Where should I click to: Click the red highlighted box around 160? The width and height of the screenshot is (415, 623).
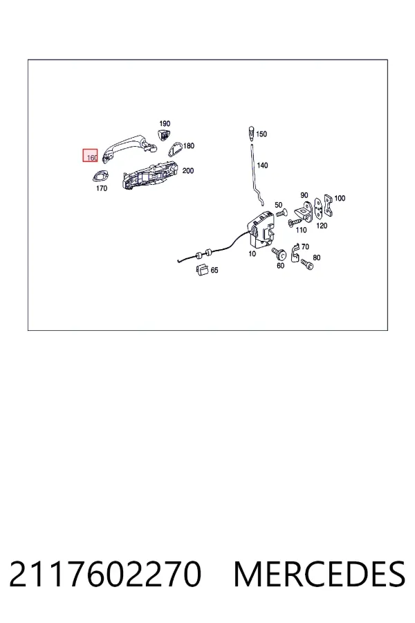click(x=90, y=155)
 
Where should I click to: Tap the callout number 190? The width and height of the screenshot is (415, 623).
click(x=165, y=124)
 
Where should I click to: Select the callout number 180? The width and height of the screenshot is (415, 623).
click(x=189, y=146)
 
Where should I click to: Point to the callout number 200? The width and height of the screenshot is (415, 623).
click(x=188, y=171)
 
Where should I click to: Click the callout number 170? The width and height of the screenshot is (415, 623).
click(x=102, y=188)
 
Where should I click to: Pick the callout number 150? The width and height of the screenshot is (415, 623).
click(x=261, y=134)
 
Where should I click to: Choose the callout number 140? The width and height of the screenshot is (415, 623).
click(x=262, y=165)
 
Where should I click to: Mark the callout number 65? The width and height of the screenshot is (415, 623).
click(x=214, y=270)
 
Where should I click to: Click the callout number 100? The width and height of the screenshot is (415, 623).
click(x=340, y=198)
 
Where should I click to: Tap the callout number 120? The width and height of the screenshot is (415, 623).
click(x=322, y=226)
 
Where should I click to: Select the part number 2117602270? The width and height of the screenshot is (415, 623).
click(x=105, y=574)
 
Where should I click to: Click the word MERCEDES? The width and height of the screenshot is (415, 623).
click(x=320, y=574)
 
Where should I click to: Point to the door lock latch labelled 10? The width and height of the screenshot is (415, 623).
click(x=261, y=231)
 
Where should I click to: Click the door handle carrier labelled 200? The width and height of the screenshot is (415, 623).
click(x=150, y=175)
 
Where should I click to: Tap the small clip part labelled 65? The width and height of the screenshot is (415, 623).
click(x=203, y=269)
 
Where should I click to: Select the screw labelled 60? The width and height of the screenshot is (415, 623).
click(x=279, y=253)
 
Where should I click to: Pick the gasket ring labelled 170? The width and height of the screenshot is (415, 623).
click(x=100, y=175)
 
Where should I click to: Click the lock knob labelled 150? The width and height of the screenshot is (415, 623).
click(x=251, y=132)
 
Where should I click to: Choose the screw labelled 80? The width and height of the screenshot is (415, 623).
click(x=307, y=264)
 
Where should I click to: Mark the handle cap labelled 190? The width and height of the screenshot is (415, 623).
click(x=164, y=134)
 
